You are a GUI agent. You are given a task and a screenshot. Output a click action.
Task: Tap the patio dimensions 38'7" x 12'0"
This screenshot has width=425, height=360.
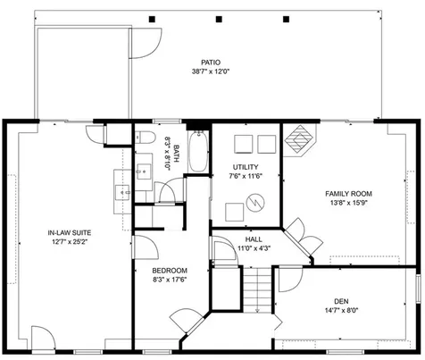(210, 71)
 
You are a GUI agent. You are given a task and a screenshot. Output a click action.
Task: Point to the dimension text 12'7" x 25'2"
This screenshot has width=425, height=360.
(69, 242)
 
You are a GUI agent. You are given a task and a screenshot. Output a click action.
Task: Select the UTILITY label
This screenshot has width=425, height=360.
(246, 167)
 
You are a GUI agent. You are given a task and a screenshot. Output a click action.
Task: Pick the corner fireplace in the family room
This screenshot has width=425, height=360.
(301, 141)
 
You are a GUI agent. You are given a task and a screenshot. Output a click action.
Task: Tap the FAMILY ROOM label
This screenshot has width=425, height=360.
(348, 193)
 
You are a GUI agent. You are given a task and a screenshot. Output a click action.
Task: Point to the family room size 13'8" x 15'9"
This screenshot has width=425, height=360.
(348, 204)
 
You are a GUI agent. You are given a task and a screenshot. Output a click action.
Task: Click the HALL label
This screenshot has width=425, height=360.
(254, 239)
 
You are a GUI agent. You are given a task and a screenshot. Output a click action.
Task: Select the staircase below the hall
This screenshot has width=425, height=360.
(257, 289)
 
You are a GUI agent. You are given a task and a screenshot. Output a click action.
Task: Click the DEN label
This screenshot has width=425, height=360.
(341, 300)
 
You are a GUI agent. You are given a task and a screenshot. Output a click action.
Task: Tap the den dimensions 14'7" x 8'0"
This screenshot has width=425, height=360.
(341, 311)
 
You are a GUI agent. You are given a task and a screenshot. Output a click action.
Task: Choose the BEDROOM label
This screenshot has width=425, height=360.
(169, 271)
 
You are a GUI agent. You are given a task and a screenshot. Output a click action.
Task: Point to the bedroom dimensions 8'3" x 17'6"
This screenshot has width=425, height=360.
(169, 280)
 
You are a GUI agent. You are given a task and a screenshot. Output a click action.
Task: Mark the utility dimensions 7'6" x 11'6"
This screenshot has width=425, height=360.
(246, 177)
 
